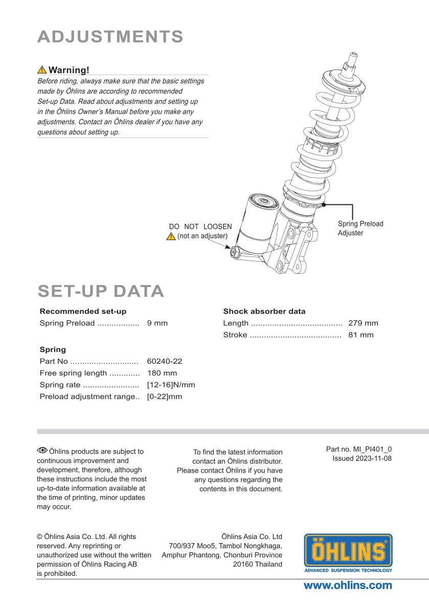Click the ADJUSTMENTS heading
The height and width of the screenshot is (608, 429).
[x=110, y=37]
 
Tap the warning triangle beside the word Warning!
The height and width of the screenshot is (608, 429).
[x=42, y=70]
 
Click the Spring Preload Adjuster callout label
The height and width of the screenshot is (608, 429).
[x=360, y=228]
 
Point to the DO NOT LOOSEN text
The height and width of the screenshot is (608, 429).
[x=200, y=226]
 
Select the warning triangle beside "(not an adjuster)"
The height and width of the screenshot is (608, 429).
[x=171, y=236]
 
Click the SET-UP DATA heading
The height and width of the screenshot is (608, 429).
[x=101, y=291]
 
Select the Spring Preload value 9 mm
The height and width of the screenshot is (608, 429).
[x=157, y=323]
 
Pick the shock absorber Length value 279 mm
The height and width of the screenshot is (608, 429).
[x=363, y=323]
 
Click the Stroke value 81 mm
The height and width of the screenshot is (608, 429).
[x=360, y=335]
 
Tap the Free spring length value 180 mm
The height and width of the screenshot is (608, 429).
[x=162, y=373]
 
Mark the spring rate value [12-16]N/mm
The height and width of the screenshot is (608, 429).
[x=171, y=385]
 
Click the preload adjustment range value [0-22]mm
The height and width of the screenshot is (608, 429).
[x=164, y=396]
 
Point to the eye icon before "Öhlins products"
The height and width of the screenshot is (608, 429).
[x=42, y=450]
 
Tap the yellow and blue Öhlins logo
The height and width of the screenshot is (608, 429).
[x=348, y=553]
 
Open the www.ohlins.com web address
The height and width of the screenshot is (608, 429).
[x=348, y=586]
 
